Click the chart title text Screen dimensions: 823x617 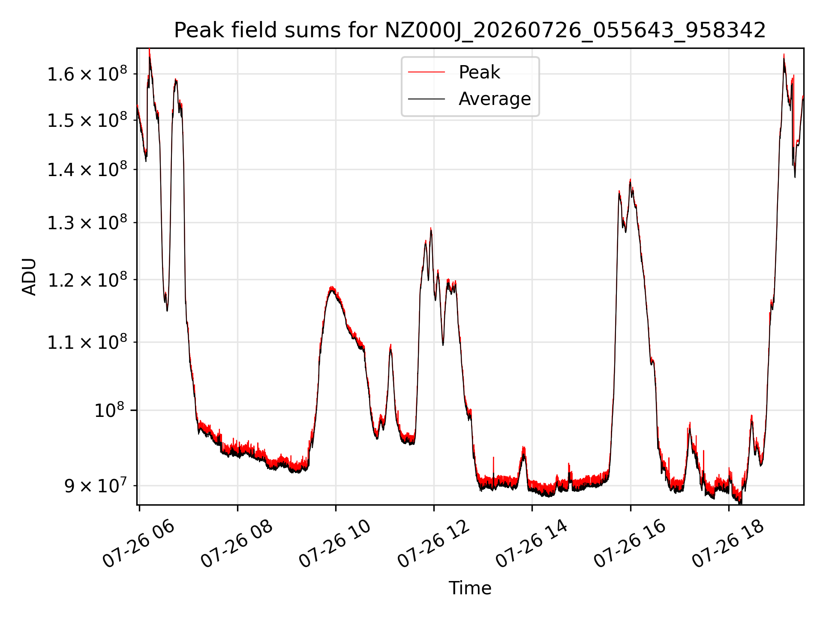click(x=470, y=30)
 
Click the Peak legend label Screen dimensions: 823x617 click(x=479, y=72)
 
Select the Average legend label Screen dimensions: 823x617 click(x=495, y=99)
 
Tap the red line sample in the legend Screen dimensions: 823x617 click(x=427, y=72)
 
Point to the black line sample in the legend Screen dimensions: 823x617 click(x=427, y=99)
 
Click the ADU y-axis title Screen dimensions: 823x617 click(x=29, y=276)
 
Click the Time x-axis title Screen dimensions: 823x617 click(x=470, y=588)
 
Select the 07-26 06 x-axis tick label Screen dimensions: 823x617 click(x=138, y=544)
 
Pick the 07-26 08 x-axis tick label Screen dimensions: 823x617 click(x=237, y=544)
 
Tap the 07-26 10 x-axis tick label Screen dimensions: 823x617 click(x=335, y=544)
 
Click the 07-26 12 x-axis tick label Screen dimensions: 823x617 click(x=433, y=544)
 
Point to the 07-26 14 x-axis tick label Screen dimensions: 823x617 click(x=532, y=544)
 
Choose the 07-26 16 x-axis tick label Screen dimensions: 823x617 click(x=630, y=544)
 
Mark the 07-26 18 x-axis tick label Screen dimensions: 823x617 click(x=728, y=544)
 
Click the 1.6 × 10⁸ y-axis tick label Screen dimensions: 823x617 click(x=87, y=74)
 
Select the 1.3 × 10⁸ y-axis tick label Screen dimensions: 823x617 click(x=87, y=222)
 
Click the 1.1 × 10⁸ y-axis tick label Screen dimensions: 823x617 click(x=87, y=342)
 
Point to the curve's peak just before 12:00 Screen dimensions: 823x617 click(x=431, y=228)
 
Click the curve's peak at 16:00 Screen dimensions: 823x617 click(x=630, y=180)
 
